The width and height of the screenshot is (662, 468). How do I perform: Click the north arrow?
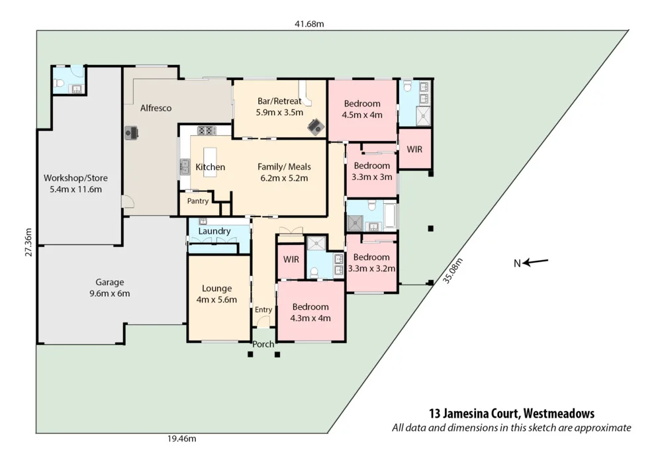[x=536, y=263]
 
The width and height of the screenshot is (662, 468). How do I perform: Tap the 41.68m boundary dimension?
[x=309, y=24]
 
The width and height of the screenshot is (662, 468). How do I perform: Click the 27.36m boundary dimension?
[x=27, y=243]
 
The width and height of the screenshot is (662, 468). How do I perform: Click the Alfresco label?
[x=156, y=107]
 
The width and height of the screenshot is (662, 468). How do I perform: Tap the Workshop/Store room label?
[x=75, y=178]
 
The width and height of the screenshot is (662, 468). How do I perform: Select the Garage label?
[x=109, y=282]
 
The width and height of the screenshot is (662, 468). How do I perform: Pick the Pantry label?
[x=198, y=201]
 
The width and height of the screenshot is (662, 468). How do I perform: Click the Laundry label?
[x=214, y=231]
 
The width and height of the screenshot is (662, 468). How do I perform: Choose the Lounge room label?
[x=216, y=288]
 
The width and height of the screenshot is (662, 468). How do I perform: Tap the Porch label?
[x=263, y=344]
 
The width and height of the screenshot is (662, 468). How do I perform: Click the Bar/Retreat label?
[x=279, y=101]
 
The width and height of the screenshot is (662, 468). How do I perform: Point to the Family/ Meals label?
[x=284, y=167]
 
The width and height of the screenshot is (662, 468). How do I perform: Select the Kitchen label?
[x=211, y=167]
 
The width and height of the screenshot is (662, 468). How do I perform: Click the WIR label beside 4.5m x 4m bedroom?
[x=414, y=150]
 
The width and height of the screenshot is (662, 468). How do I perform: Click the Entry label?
[x=263, y=310]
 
